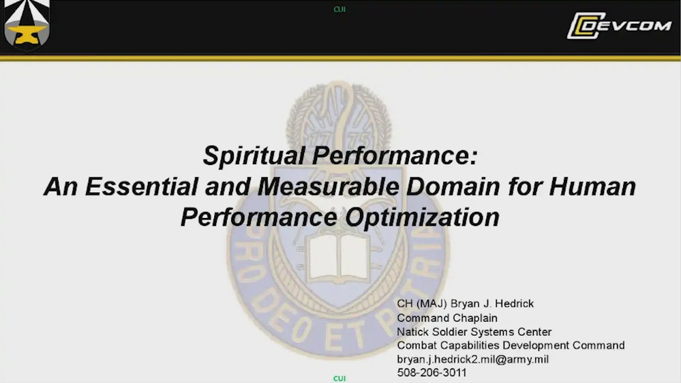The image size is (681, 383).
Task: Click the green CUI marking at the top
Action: coord(339,10)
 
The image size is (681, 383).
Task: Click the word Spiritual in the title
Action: coord(254,157)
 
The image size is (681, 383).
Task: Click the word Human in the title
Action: coord(593,187)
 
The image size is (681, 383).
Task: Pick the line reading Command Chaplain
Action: coord(447,318)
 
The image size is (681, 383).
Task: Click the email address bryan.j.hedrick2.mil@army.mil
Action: coord(472,359)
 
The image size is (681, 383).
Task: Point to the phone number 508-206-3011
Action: coord(432,373)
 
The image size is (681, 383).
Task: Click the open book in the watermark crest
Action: coord(339,258)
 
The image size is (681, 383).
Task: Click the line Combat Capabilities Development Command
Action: coord(511,346)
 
